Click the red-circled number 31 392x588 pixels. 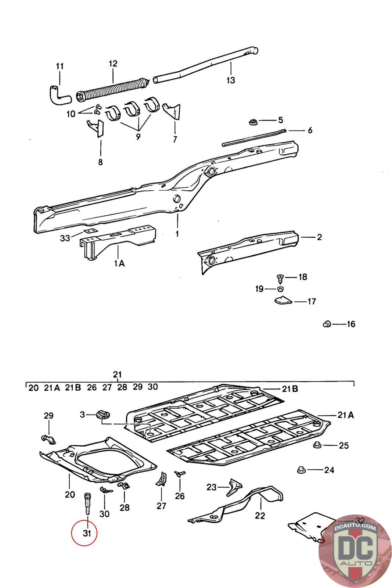pyautogui.click(x=87, y=533)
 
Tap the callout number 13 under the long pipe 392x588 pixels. pyautogui.click(x=231, y=80)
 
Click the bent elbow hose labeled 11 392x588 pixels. pyautogui.click(x=60, y=95)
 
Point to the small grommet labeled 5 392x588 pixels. pyautogui.click(x=253, y=122)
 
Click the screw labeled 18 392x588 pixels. pyautogui.click(x=280, y=279)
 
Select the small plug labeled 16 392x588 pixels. pyautogui.click(x=327, y=324)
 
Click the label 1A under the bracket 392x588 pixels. pyautogui.click(x=119, y=263)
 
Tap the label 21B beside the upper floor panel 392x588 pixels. pyautogui.click(x=290, y=388)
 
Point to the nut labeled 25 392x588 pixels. pyautogui.click(x=317, y=445)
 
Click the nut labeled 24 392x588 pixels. pyautogui.click(x=301, y=470)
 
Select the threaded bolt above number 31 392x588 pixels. pyautogui.click(x=87, y=504)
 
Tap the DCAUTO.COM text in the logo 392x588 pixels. pyautogui.click(x=355, y=527)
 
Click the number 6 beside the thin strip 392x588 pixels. pyautogui.click(x=310, y=130)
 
